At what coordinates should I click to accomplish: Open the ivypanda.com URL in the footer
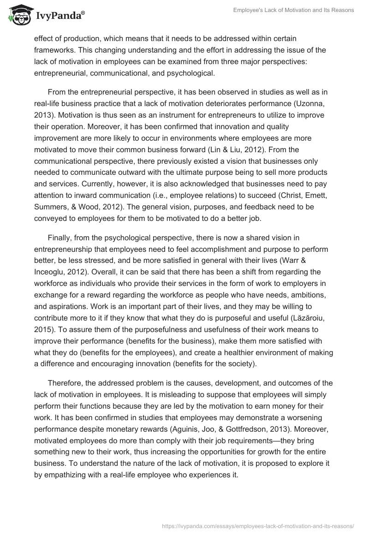tap(257, 525)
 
